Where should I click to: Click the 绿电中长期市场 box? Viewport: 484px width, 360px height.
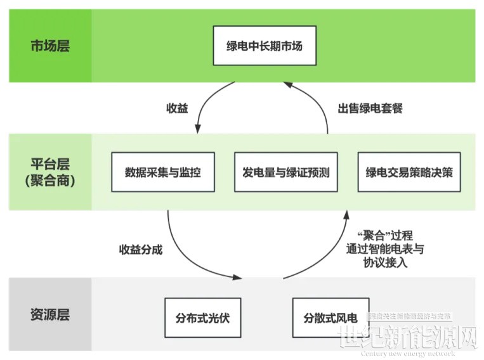pos(264,46)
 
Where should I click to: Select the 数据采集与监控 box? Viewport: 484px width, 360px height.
pos(163,172)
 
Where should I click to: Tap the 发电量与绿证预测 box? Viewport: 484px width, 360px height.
pos(286,172)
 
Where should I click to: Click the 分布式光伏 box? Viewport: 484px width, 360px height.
pos(202,317)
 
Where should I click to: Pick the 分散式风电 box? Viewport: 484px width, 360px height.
pos(330,317)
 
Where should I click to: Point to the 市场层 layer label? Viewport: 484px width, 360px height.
pos(50,46)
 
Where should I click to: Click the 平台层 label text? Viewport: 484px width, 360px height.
pos(50,163)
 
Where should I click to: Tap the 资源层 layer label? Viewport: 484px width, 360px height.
pos(50,315)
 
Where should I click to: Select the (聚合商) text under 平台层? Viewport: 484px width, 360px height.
pos(50,181)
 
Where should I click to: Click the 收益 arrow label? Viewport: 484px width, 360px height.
pos(177,108)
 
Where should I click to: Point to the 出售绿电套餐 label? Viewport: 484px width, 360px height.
pos(370,108)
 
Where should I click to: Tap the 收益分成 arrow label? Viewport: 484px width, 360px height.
pos(141,249)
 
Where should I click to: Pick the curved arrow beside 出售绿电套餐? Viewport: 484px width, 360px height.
pos(317,105)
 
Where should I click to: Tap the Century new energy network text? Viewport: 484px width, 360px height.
pos(409,353)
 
